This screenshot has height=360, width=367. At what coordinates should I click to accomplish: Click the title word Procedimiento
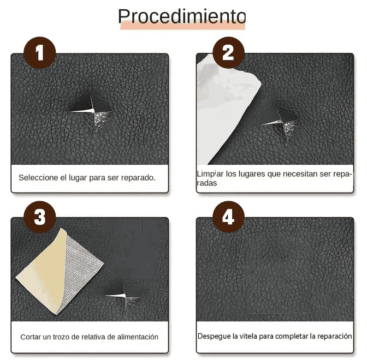pos(182,16)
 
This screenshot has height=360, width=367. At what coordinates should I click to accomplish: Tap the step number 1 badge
pos(39,53)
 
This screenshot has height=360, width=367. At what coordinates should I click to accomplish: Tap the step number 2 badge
pos(228,53)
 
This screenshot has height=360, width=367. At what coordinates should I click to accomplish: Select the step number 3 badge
pos(39,217)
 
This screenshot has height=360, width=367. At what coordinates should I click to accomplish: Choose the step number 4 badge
pos(228,217)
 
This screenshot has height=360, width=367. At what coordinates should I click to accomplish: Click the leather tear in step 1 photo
pos(91,109)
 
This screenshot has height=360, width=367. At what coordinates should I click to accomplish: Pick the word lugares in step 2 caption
pos(240,174)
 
